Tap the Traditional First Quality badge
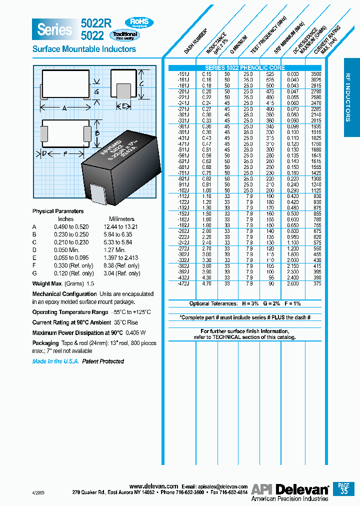click(125, 35)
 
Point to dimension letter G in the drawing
click(96, 92)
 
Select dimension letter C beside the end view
click(142, 84)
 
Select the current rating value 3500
click(316, 74)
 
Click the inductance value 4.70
click(206, 283)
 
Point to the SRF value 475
click(271, 91)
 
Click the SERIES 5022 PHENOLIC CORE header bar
click(245, 67)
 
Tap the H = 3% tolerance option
click(251, 304)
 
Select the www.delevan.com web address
click(153, 486)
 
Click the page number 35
click(343, 491)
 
